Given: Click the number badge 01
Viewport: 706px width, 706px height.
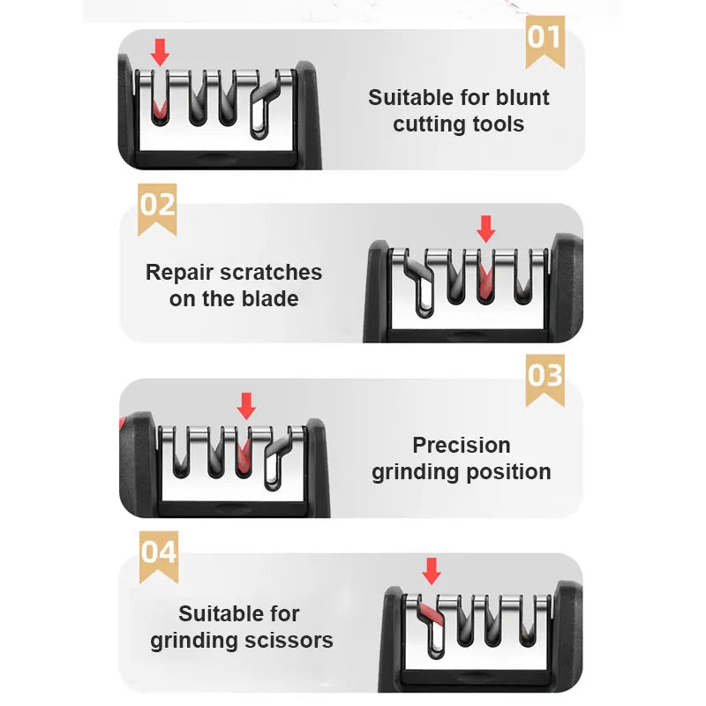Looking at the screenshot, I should (545, 38).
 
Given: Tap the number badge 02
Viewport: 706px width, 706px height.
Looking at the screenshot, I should (158, 206).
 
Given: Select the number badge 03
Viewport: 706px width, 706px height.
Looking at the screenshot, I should (545, 376).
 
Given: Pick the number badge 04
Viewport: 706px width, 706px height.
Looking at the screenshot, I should (159, 553).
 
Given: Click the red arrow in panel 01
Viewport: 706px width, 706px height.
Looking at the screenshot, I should (160, 53).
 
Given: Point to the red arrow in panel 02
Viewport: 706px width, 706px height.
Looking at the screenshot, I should (485, 229).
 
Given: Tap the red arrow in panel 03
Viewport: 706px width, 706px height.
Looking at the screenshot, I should (246, 406).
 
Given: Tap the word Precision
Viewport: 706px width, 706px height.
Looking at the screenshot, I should (462, 445).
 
